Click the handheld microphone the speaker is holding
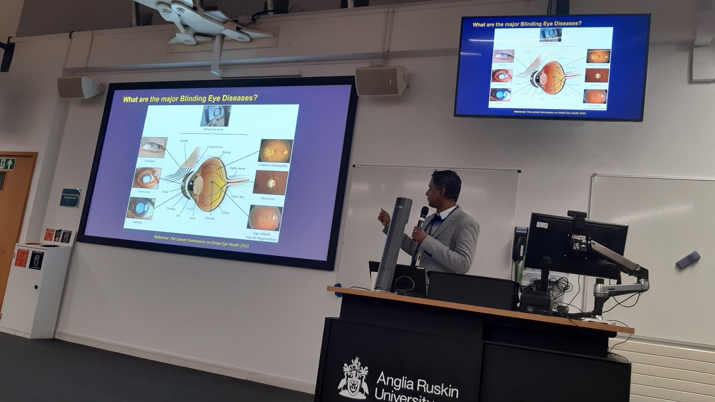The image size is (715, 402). pos(421,217)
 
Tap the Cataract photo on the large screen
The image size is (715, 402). pos(141,208)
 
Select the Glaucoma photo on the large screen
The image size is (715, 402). pos(270,182)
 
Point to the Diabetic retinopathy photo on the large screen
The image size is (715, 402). pos(275,151)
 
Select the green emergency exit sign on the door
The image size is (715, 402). pos(7,164)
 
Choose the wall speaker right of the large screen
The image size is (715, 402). pos(381,80)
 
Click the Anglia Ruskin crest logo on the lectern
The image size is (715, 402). pos(353,378)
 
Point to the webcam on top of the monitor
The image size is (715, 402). pos(577,214)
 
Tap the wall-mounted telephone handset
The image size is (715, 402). pos(520,244)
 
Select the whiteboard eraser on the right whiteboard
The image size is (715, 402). pos(688,259)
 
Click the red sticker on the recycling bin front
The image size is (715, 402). pos(21,258)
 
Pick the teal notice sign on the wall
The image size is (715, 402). pos(70,198)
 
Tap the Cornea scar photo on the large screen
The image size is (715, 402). pos(147,177)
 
